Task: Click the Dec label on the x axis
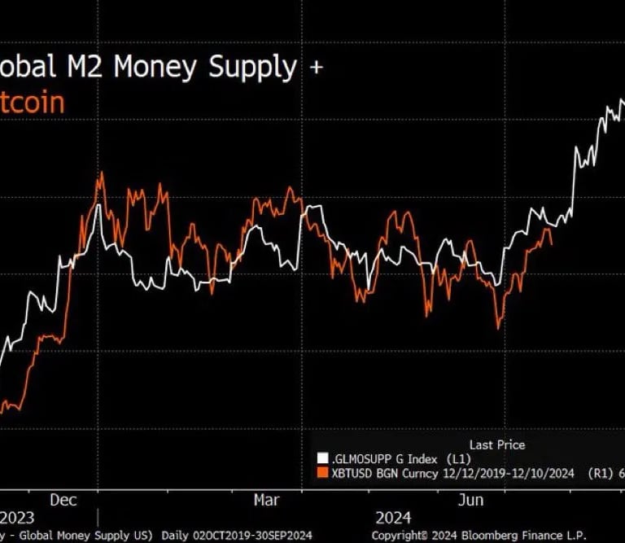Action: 63,499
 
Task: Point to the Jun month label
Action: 472,499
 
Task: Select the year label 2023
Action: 17,518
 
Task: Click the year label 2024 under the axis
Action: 394,518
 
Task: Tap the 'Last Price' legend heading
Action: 496,444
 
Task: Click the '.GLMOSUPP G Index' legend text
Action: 378,458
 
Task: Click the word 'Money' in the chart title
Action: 159,67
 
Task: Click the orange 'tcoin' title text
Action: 32,103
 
